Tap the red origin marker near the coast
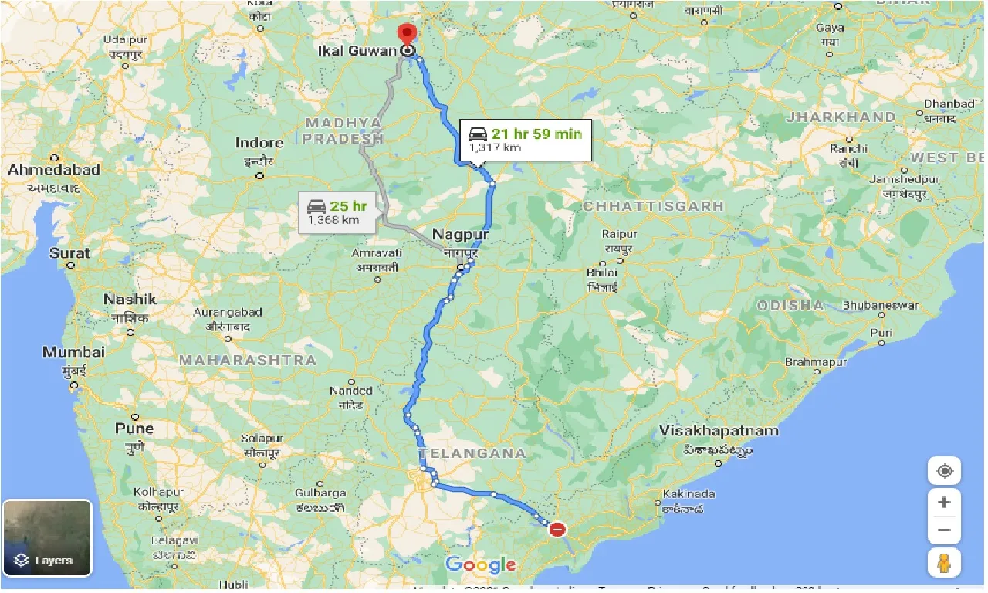[x=557, y=530]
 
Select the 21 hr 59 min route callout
[x=526, y=140]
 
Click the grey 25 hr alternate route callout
[x=338, y=212]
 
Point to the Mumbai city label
[x=73, y=352]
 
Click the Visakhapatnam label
[x=719, y=431]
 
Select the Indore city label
[x=259, y=143]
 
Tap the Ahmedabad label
[x=54, y=170]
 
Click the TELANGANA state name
[x=472, y=453]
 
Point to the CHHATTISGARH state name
[x=653, y=206]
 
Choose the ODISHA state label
[x=790, y=305]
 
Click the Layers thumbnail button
[x=47, y=538]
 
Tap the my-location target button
[x=944, y=471]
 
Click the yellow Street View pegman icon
[x=944, y=563]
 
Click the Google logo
[x=480, y=565]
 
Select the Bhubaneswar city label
[x=880, y=306]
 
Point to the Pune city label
[x=134, y=429]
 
